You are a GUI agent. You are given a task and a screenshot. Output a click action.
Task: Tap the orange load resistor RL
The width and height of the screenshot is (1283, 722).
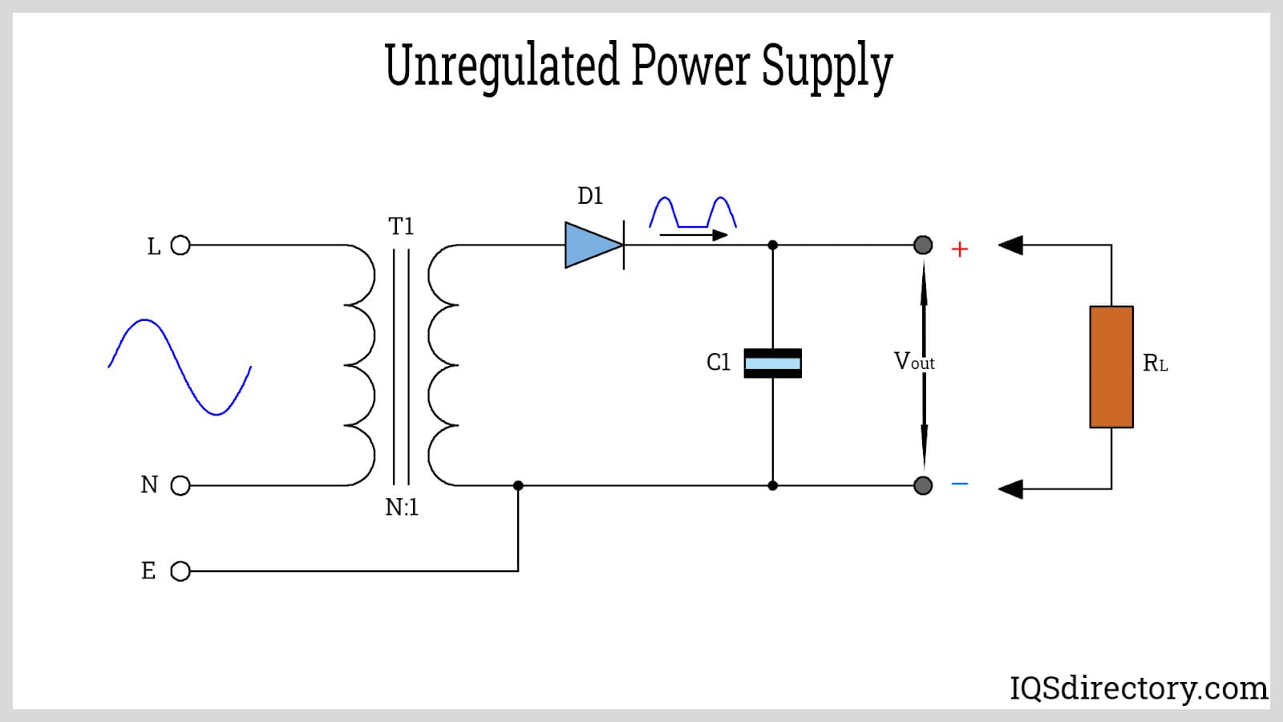click(x=1111, y=367)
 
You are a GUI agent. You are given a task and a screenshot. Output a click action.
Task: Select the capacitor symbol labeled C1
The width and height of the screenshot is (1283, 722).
click(x=772, y=363)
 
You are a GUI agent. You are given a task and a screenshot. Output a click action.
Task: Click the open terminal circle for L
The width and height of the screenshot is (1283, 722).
click(x=180, y=245)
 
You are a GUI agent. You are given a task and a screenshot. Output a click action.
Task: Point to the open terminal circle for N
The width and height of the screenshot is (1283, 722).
click(x=180, y=485)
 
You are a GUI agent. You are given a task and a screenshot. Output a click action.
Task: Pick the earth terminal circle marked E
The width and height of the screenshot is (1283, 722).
click(x=180, y=571)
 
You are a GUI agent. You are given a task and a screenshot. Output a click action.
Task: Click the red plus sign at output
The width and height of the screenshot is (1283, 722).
click(x=959, y=249)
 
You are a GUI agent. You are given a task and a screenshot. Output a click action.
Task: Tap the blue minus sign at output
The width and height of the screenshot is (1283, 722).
click(x=959, y=484)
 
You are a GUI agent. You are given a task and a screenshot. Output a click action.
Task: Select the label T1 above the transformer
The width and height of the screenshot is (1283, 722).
click(x=401, y=227)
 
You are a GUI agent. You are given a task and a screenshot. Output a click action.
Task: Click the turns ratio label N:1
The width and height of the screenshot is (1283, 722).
click(x=401, y=508)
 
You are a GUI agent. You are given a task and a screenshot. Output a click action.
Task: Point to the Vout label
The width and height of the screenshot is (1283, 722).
click(x=913, y=362)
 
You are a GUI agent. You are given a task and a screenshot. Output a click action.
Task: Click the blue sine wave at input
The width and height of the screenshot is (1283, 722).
click(x=180, y=367)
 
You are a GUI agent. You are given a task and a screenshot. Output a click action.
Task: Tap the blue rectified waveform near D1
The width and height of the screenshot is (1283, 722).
click(x=692, y=213)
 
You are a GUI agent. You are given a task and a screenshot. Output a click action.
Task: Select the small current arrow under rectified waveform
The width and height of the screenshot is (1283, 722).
click(x=693, y=235)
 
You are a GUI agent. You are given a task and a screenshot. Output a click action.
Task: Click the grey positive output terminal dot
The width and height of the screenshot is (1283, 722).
click(x=923, y=245)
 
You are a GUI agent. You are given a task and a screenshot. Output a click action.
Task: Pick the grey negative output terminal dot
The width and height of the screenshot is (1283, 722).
click(x=923, y=485)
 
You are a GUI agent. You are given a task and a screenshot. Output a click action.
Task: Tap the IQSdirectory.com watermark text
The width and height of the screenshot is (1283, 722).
click(x=1138, y=688)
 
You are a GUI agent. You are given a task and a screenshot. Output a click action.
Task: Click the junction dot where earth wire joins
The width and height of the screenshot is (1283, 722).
click(x=518, y=485)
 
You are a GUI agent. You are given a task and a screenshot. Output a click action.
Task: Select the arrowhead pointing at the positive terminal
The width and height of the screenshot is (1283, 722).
click(x=1010, y=245)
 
